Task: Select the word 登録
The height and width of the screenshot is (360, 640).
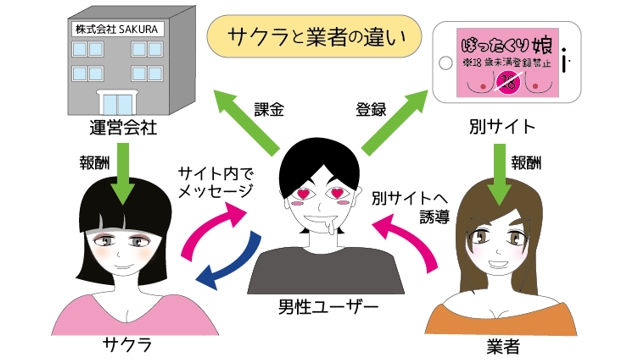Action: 370,105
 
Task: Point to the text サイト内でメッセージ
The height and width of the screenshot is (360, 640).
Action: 214,179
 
